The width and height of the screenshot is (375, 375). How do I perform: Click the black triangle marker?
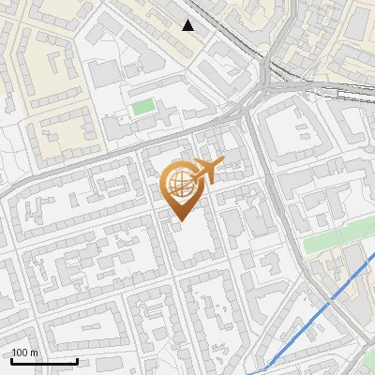(x=188, y=25)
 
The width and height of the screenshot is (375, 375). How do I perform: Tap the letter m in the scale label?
(x=36, y=352)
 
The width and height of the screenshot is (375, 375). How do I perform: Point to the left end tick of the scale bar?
(x=11, y=360)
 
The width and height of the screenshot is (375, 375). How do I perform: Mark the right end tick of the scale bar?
(x=78, y=360)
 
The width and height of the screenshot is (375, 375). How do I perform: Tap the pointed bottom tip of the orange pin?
(x=181, y=220)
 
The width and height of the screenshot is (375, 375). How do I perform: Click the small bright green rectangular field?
(x=142, y=107)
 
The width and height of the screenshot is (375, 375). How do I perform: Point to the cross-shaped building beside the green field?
(x=165, y=116)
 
